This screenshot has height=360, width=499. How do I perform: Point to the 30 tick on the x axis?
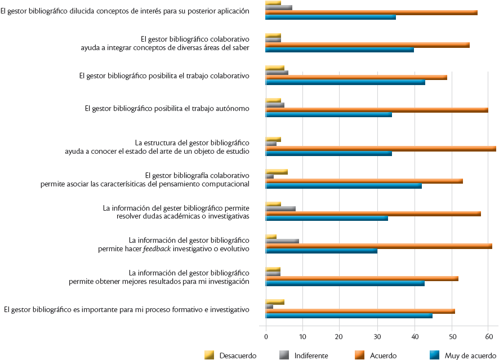(x=377, y=336)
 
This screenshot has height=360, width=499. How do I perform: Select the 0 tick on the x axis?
(x=266, y=336)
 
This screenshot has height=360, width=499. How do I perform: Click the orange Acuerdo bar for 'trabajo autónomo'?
(x=377, y=109)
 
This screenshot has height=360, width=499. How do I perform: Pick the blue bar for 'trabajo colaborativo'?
(x=345, y=82)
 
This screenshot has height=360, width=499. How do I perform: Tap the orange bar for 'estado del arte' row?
(x=381, y=149)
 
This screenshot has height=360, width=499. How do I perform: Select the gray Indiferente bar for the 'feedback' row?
(x=282, y=241)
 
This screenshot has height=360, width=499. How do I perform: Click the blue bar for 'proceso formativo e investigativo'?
(x=349, y=315)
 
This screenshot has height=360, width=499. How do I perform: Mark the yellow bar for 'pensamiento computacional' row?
(x=277, y=171)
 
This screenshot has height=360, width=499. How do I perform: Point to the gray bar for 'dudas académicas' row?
(x=280, y=208)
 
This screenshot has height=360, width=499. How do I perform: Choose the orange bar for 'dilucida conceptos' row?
(x=372, y=12)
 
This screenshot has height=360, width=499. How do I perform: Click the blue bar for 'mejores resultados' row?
(x=345, y=283)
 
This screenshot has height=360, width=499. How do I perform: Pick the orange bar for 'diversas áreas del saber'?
(x=368, y=45)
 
